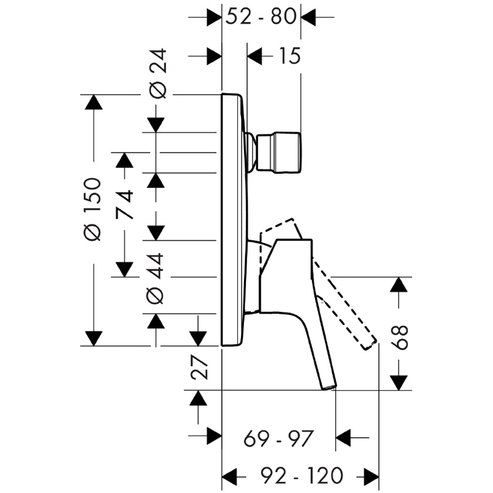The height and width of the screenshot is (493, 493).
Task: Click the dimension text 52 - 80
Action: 261,17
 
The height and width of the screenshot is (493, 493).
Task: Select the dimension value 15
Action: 289,56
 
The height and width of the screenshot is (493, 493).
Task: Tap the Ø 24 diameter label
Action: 157,73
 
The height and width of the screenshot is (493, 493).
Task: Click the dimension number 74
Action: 124,205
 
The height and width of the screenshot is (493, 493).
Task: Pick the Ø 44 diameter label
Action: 155,279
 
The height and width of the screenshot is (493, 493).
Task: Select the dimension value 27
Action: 199,367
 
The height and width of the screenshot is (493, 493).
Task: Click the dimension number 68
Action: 400,337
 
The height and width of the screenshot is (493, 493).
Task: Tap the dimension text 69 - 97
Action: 279,438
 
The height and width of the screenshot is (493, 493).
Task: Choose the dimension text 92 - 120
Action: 302,475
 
